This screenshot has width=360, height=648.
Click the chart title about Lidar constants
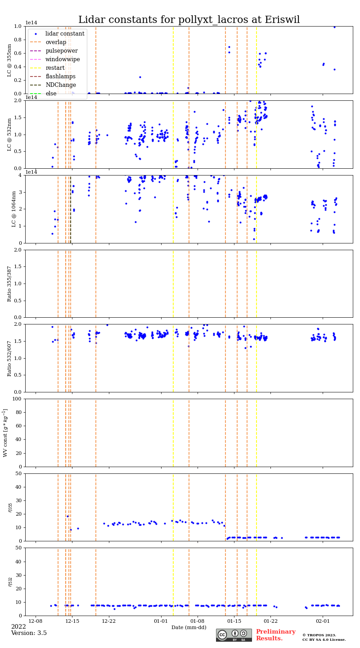point(189,20)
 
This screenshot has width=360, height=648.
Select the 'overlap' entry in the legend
point(56,42)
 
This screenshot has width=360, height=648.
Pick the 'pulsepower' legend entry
point(61,51)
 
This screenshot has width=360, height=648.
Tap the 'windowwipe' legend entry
point(63,59)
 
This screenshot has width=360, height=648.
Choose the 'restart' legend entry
point(55,68)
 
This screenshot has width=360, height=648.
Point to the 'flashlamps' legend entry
point(60,76)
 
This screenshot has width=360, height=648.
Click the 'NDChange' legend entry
point(60,85)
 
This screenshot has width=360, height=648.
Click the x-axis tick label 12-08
point(36,621)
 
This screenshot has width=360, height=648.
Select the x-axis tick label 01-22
point(270,621)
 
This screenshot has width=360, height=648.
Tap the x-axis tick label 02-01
point(323,621)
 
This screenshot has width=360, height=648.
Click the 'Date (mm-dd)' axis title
point(189,627)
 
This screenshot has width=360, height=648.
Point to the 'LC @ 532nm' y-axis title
point(9,134)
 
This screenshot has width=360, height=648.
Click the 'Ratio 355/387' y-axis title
point(9,283)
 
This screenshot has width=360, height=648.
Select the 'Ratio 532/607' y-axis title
point(9,358)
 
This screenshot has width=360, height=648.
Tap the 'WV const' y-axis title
point(6,432)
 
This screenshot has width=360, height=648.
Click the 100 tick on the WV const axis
point(18,399)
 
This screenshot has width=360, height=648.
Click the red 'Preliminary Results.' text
point(275,635)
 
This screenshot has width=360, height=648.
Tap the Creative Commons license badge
point(234,635)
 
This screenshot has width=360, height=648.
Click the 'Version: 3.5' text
point(29,633)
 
